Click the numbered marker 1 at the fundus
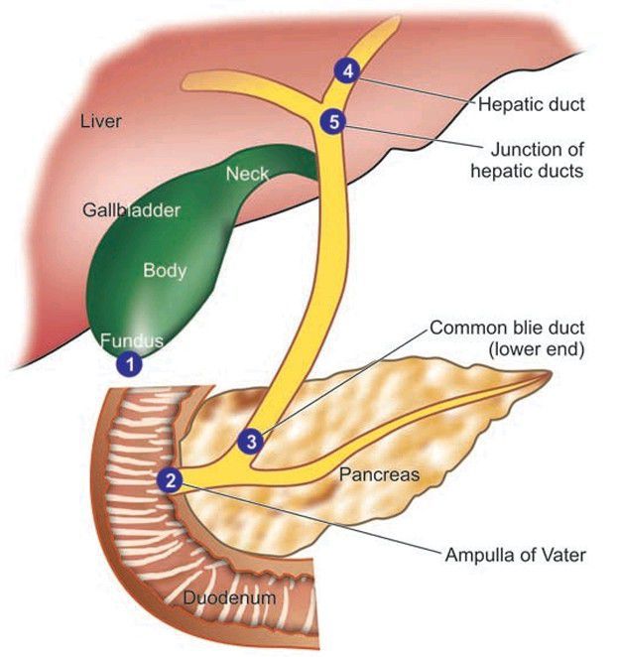129,363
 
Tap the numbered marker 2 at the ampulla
171,480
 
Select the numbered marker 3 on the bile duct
252,440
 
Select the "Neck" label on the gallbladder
247,174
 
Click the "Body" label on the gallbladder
165,269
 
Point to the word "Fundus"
132,341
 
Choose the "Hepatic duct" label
531,102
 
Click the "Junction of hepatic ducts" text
537,160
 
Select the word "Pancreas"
379,474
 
